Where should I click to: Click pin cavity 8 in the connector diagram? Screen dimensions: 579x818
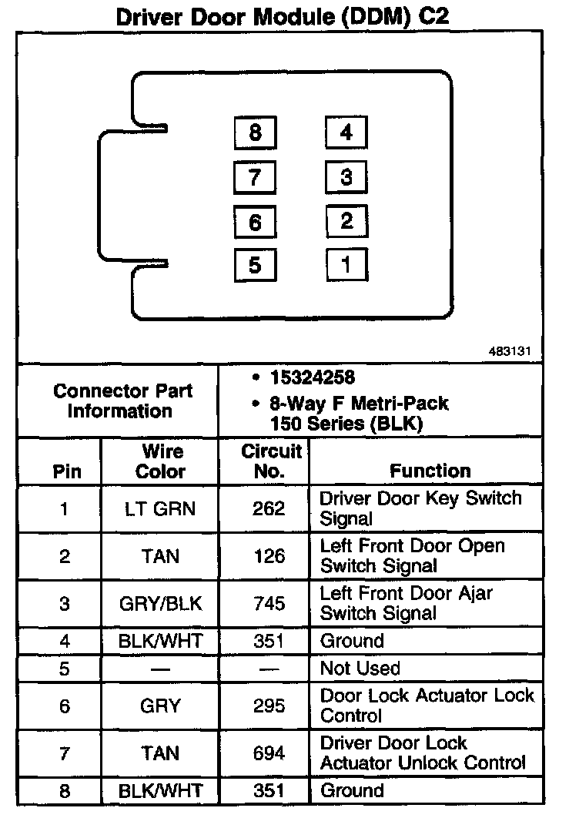coord(255,132)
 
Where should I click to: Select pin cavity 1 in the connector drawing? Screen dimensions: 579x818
coord(346,265)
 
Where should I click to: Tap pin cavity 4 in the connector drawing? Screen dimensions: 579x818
coord(346,132)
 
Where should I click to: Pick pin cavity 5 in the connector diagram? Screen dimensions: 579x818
coord(255,265)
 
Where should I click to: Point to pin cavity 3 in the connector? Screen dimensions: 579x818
coord(346,177)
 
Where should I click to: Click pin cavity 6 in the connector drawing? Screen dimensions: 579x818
coord(255,222)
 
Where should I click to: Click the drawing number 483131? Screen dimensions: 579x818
coord(510,351)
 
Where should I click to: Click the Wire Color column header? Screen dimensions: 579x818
coord(160,461)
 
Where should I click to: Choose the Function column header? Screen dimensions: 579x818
coord(430,471)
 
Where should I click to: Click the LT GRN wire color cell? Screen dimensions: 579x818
coord(160,508)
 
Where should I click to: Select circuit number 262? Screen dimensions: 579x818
coord(269,508)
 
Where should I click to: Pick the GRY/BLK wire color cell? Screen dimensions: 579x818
coord(160,604)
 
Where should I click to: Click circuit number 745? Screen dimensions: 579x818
coord(269,604)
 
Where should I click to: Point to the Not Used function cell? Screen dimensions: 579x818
coord(360,669)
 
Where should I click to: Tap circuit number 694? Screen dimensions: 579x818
coord(269,753)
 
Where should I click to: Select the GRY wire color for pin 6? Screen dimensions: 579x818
coord(160,706)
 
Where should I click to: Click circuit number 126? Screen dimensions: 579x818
coord(269,556)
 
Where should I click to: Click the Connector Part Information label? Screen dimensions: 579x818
coord(122,401)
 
